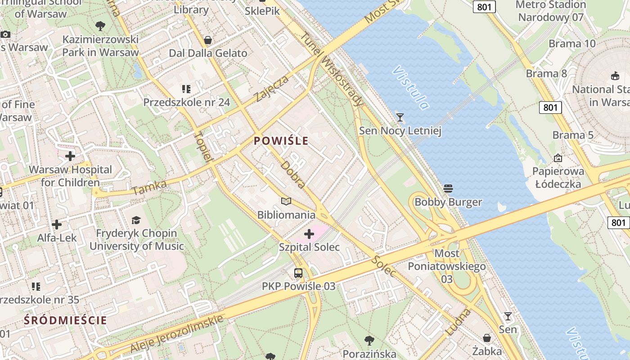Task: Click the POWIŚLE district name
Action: point(281,141)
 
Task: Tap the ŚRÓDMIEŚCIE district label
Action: point(66,320)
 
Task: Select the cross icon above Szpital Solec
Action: point(309,234)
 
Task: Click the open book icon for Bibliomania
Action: point(286,201)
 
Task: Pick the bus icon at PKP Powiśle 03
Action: point(298,273)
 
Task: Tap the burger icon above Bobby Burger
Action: point(448,188)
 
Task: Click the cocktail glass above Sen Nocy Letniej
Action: point(400,117)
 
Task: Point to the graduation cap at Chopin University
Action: point(136,220)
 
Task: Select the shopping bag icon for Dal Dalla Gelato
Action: point(207,40)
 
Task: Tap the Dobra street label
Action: point(293,174)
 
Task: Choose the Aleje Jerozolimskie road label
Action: point(177,334)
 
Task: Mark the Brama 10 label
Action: point(572,44)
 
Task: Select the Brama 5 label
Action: point(573,135)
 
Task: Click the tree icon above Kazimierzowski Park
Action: point(100,26)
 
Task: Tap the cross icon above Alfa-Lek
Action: point(57,224)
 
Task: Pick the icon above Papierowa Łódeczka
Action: point(558,158)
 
